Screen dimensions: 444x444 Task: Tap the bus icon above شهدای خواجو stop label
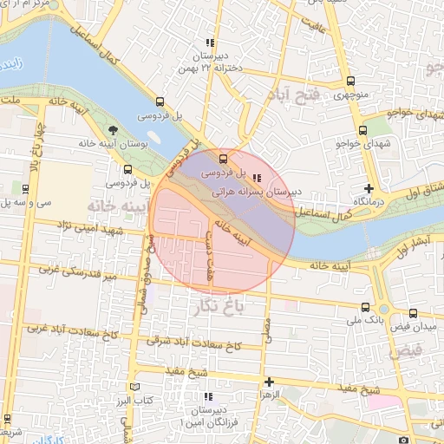click(x=363, y=129)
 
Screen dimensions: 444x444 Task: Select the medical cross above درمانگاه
click(x=369, y=188)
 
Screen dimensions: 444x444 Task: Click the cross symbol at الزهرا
click(x=269, y=382)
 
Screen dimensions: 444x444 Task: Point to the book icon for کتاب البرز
click(x=133, y=387)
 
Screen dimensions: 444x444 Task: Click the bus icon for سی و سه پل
click(x=25, y=188)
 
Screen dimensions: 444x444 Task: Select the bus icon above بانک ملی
click(x=365, y=308)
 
